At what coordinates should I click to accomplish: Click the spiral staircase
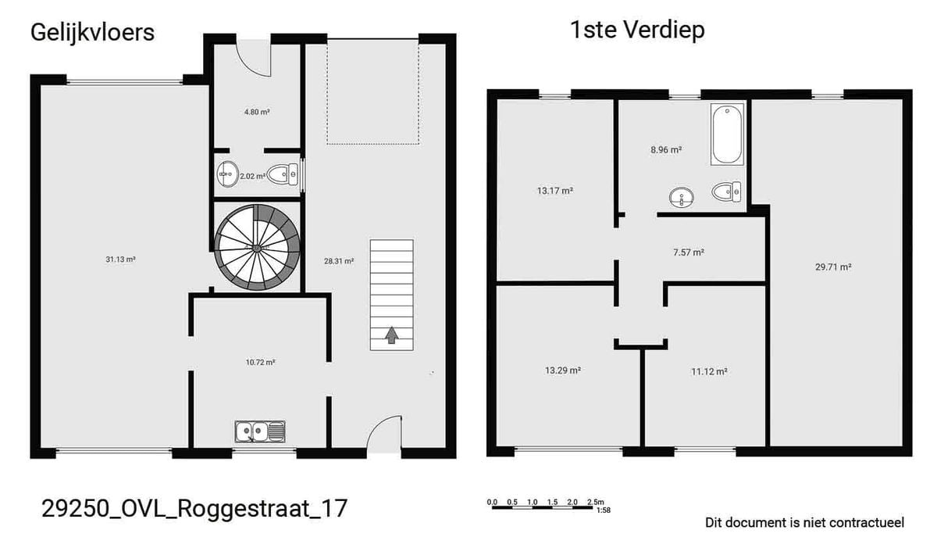click(257, 248)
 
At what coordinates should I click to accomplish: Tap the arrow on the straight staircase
click(391, 335)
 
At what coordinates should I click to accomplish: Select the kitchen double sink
click(260, 431)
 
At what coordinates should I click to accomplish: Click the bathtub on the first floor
click(728, 134)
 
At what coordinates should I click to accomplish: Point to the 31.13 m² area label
click(120, 260)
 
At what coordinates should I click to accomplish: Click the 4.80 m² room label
click(257, 112)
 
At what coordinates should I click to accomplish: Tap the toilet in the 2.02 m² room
click(283, 174)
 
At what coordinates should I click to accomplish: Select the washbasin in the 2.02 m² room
click(227, 174)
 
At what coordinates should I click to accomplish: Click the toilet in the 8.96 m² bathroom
click(726, 192)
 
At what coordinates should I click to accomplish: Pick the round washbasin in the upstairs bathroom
click(682, 197)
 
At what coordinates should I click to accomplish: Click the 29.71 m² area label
click(833, 267)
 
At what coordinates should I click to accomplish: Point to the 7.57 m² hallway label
click(689, 252)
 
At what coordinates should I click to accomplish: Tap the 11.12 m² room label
click(709, 371)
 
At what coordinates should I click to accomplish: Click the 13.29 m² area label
click(563, 371)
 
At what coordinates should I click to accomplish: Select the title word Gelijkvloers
click(92, 33)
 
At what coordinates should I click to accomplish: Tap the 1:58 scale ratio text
click(604, 510)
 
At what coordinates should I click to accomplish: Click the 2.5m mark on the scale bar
click(596, 502)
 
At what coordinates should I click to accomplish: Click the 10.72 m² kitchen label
click(260, 363)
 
